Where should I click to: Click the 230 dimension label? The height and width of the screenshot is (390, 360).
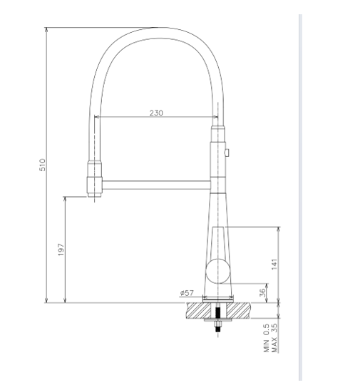tap(156, 112)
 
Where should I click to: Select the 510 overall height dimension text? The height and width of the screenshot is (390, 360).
tap(42, 165)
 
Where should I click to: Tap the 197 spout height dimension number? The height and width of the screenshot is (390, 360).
tap(61, 250)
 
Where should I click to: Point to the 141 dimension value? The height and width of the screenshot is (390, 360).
tap(274, 264)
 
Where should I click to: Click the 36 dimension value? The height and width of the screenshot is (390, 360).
tap(262, 292)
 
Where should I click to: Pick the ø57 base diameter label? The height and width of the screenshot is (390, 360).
tap(188, 292)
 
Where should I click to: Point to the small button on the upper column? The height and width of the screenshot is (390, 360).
tap(227, 152)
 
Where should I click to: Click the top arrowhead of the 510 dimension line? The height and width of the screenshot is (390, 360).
tap(47, 31)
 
